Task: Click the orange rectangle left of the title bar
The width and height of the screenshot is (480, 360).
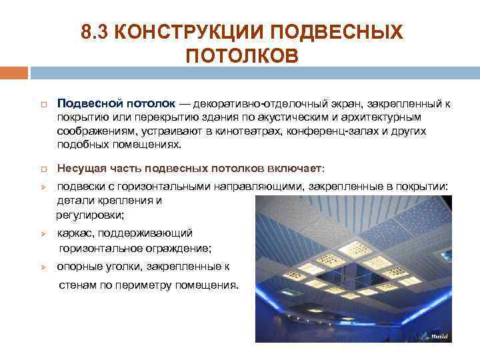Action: coord(14,72)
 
